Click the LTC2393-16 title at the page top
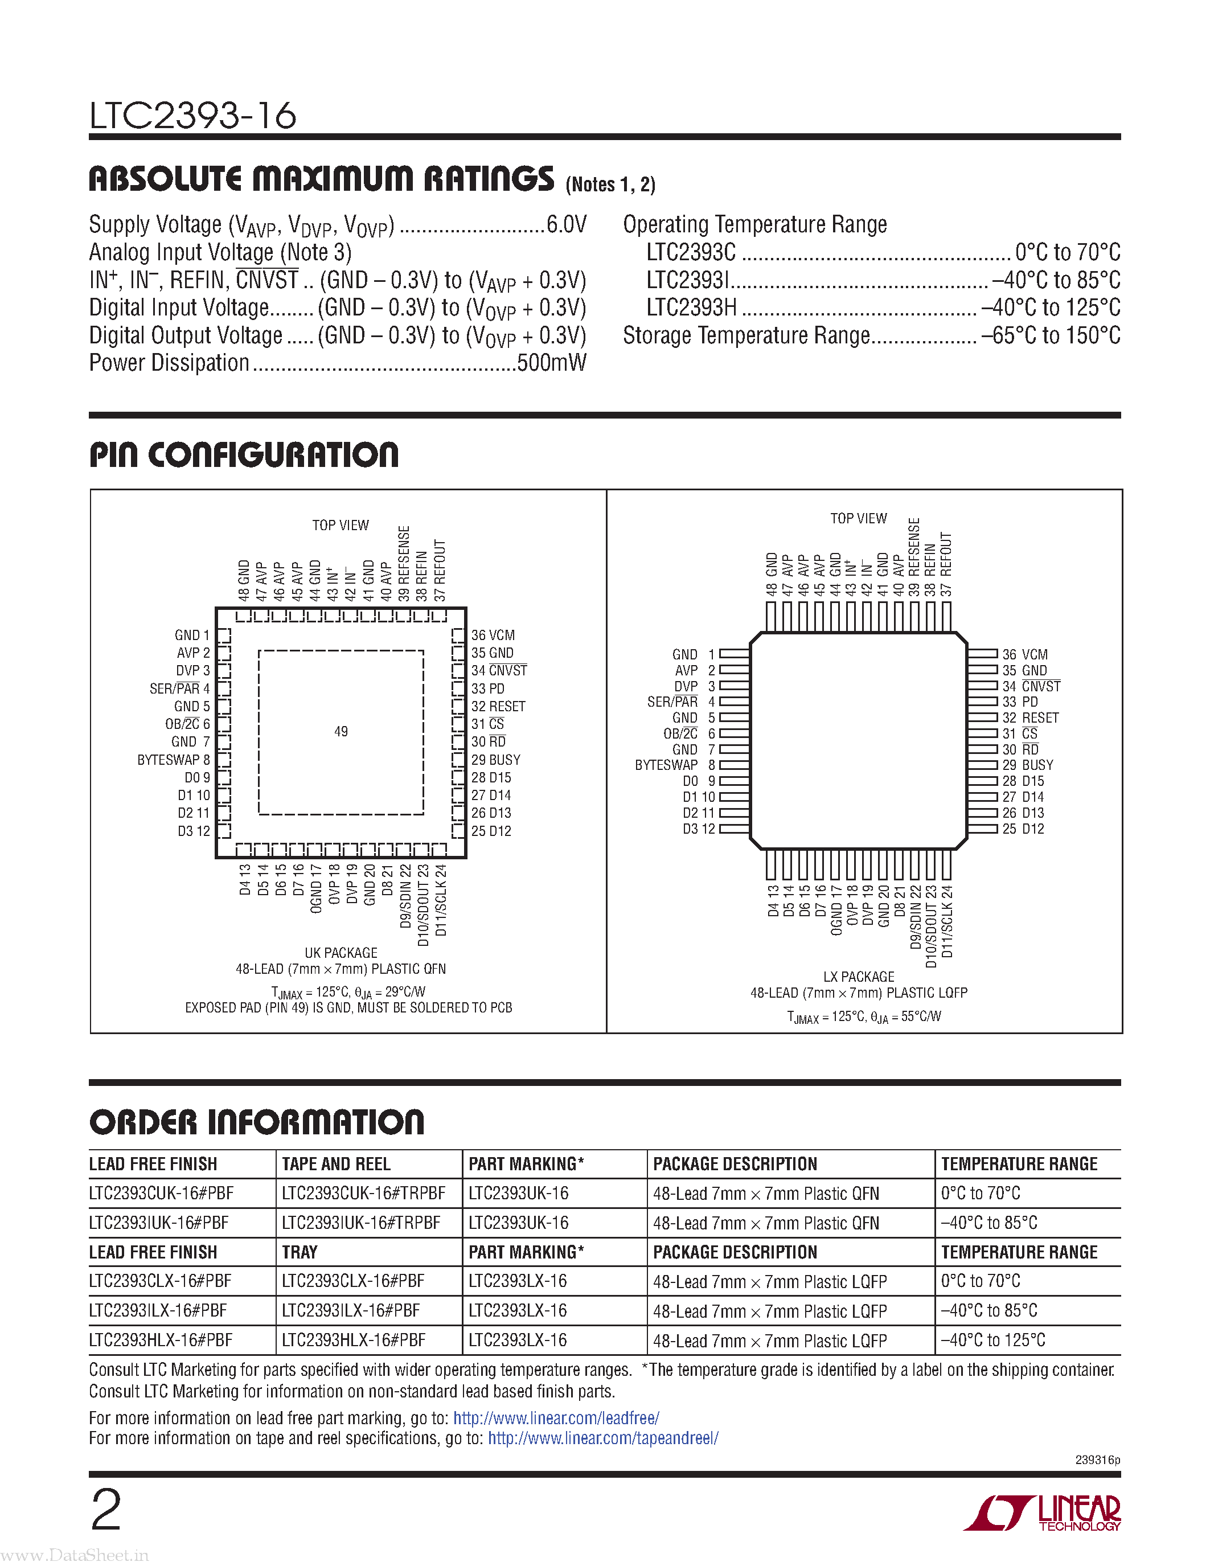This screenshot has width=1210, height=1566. [192, 116]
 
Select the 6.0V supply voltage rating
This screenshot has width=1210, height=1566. [567, 224]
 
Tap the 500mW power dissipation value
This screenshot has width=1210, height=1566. [551, 363]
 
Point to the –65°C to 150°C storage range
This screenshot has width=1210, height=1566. [1050, 335]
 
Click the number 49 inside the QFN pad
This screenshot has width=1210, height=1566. [341, 731]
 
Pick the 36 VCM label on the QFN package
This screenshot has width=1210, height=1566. [493, 636]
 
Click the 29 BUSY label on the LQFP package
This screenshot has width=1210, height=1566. [1028, 765]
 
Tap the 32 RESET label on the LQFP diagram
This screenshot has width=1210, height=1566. [1031, 718]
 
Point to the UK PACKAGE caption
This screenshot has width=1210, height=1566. [341, 953]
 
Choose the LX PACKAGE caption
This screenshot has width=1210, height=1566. [859, 977]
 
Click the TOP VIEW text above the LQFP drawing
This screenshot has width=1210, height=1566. [859, 518]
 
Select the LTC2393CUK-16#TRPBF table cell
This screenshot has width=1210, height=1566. [363, 1193]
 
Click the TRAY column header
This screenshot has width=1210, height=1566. [300, 1252]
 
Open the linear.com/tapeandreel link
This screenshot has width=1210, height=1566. [603, 1438]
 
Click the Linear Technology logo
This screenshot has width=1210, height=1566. [1043, 1513]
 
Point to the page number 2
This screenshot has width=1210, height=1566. [106, 1510]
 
